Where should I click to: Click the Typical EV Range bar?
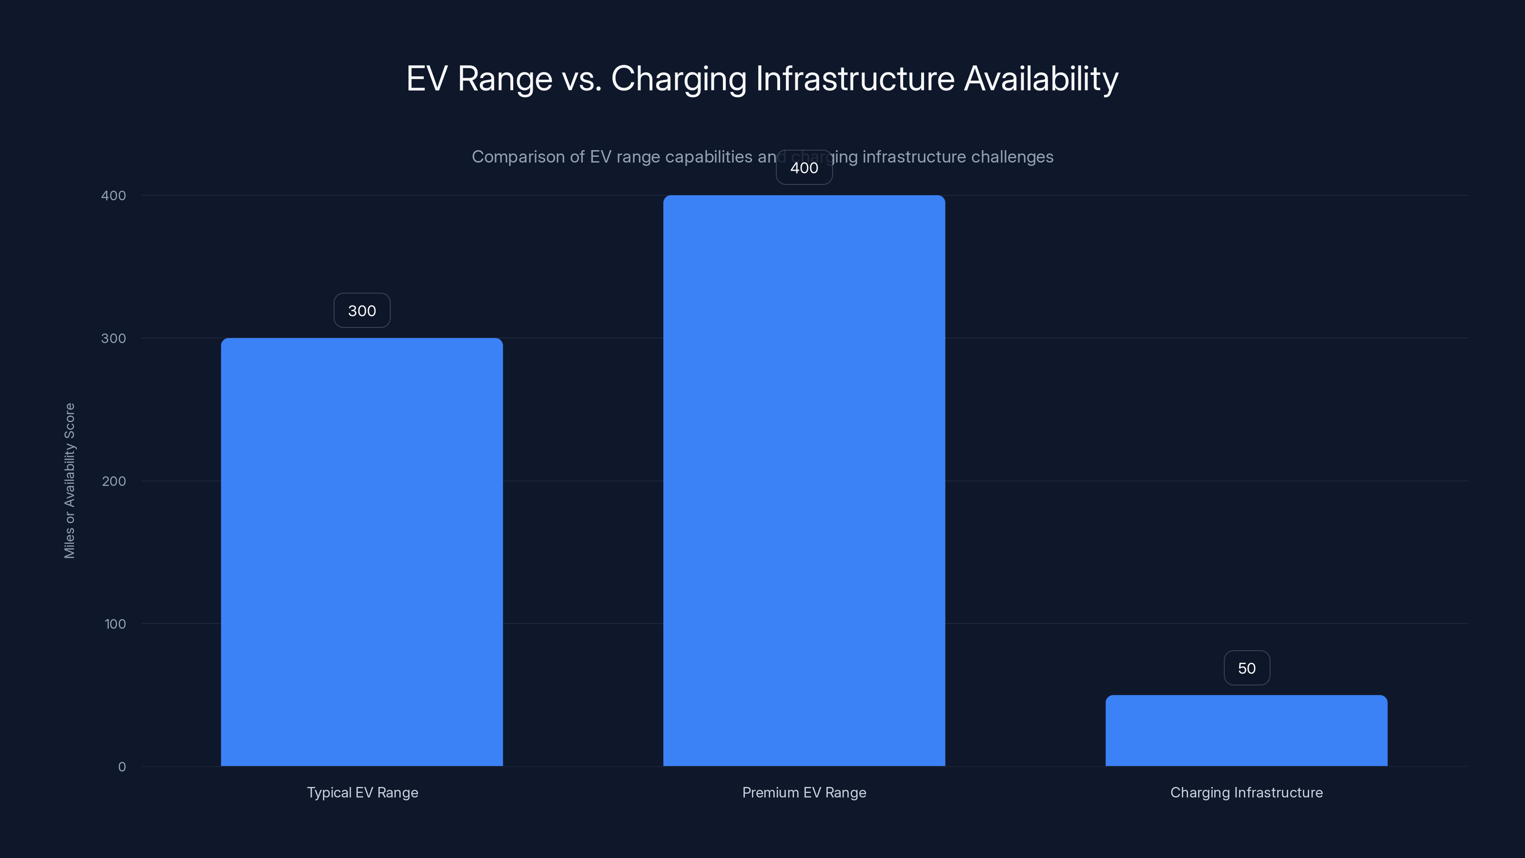coord(362,552)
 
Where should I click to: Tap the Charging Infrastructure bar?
coord(1246,730)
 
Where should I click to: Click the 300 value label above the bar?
coord(362,311)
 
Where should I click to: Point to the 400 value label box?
coord(804,168)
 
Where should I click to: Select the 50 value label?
coord(1246,668)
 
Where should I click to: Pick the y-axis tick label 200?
coord(114,481)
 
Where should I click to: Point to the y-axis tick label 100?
coord(115,623)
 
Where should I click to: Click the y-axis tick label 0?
coord(122,767)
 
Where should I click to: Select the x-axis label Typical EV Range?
coord(362,792)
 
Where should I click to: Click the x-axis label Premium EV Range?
coord(804,792)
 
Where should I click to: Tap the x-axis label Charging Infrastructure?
coord(1246,792)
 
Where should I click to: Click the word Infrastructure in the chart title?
coord(855,79)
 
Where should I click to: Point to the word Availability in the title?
coord(1041,79)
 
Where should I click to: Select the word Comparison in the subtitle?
coord(518,157)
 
